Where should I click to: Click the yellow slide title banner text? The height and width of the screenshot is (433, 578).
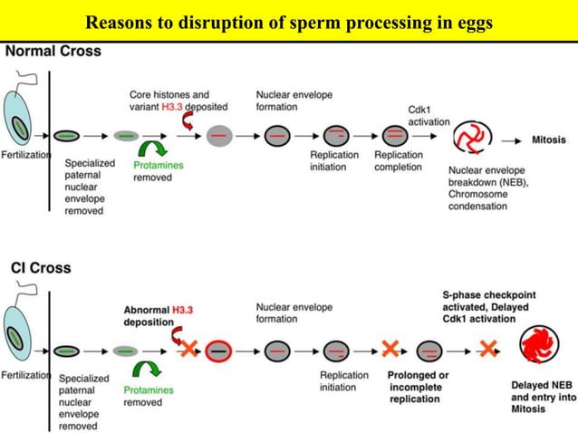click(289, 22)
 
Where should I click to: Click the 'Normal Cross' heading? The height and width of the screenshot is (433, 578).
click(53, 52)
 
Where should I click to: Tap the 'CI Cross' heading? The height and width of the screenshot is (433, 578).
click(41, 268)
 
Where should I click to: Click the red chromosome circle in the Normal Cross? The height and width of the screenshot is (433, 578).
click(474, 137)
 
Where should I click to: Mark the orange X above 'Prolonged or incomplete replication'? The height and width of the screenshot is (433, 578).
click(390, 348)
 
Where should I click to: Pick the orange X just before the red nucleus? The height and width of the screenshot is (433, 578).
click(488, 348)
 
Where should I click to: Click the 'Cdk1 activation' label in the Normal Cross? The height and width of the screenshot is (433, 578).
click(429, 115)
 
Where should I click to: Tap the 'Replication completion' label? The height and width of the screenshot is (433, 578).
click(399, 160)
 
